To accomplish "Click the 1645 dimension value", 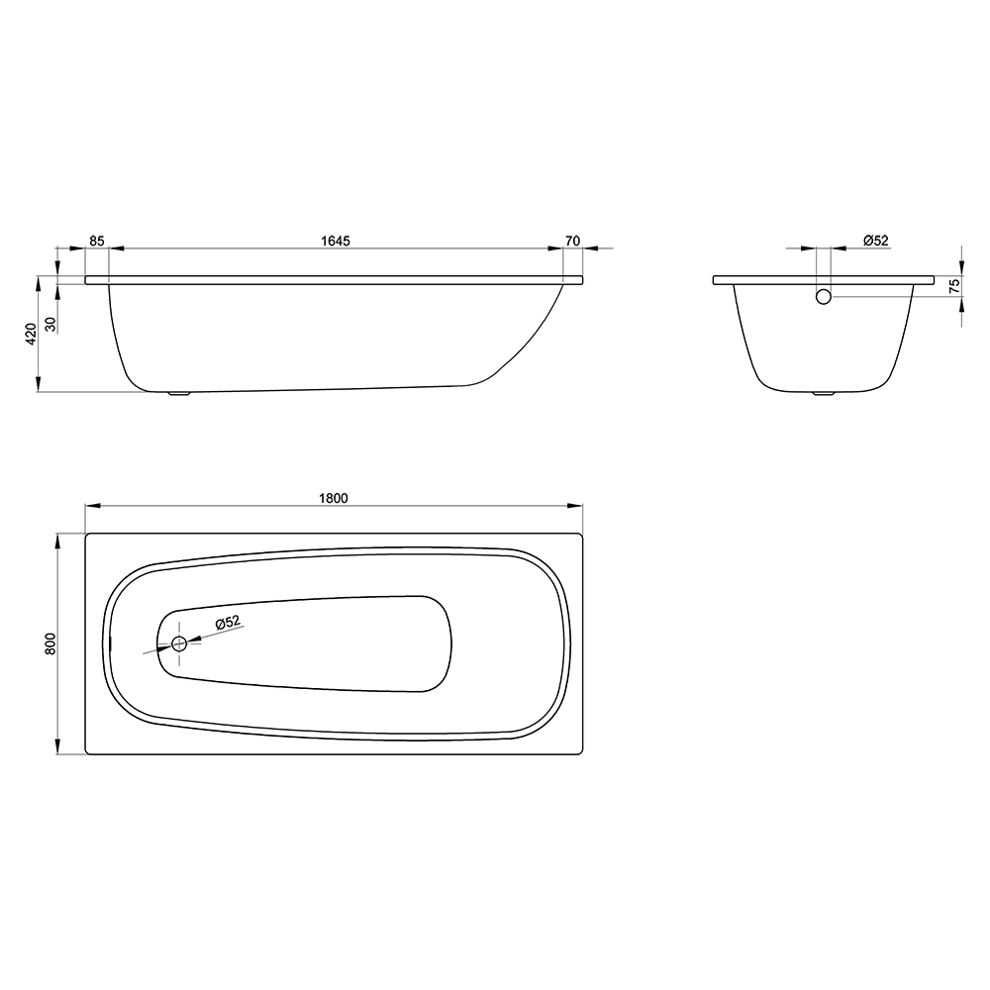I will pyautogui.click(x=337, y=241).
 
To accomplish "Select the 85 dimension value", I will pyautogui.click(x=96, y=241).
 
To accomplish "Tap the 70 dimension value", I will pyautogui.click(x=572, y=241).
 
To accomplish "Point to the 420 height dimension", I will pyautogui.click(x=31, y=334).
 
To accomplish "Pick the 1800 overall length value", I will pyautogui.click(x=334, y=498).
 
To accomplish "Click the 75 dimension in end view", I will pyautogui.click(x=954, y=284).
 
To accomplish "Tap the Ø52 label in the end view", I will pyautogui.click(x=875, y=241).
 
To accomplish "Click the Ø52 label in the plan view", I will pyautogui.click(x=228, y=622).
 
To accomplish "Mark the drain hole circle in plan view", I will pyautogui.click(x=179, y=644).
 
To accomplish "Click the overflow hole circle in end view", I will pyautogui.click(x=824, y=295).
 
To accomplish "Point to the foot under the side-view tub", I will pyautogui.click(x=179, y=394).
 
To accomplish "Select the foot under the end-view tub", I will pyautogui.click(x=824, y=394).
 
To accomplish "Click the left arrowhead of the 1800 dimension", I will pyautogui.click(x=91, y=506).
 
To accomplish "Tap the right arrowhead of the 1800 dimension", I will pyautogui.click(x=576, y=506).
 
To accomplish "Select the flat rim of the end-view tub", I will pyautogui.click(x=824, y=280).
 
